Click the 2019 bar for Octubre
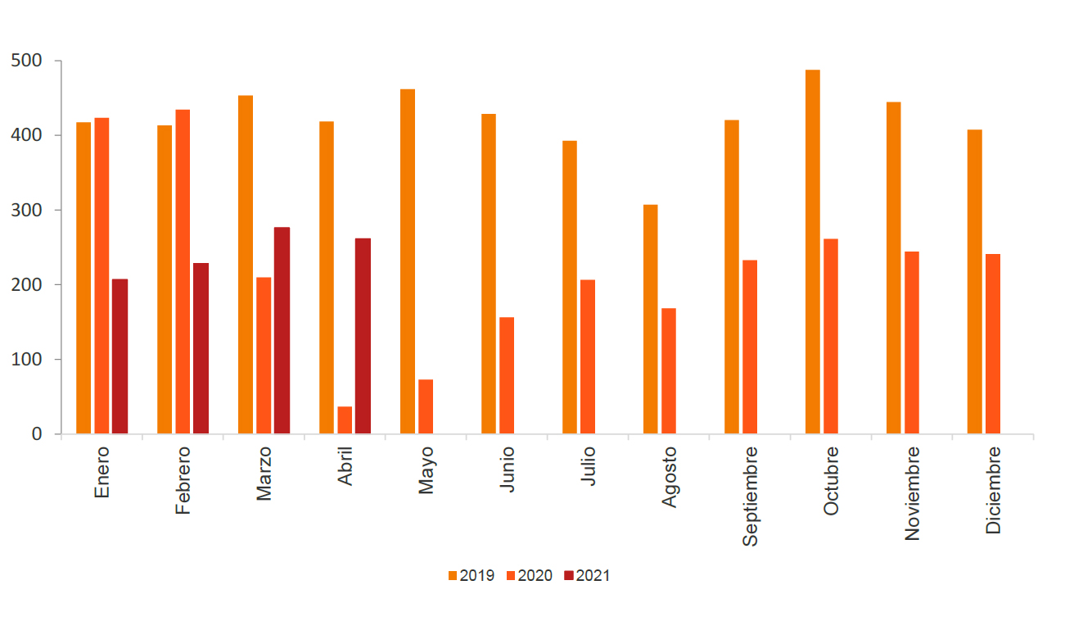coord(812,252)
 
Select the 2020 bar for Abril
coord(345,420)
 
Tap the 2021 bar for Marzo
coord(282,330)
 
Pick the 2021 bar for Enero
coord(120,356)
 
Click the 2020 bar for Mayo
coord(426,406)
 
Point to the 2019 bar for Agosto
coord(650,319)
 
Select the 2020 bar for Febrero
coord(183,271)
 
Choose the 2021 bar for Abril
coord(363,336)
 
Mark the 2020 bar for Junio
coord(507,375)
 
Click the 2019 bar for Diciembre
coord(974,282)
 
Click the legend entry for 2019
coord(471,576)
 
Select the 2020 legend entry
coord(529,576)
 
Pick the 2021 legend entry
coord(587,576)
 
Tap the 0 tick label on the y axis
coord(36,434)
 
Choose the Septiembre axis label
coord(750,496)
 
